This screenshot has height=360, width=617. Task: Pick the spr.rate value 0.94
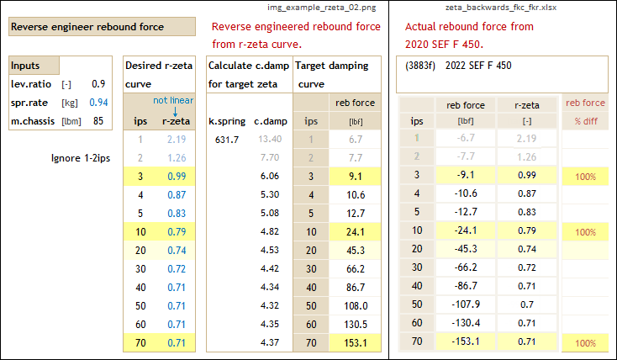click(98, 103)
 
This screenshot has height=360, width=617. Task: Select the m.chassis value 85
click(98, 121)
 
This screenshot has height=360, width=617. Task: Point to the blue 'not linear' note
click(175, 100)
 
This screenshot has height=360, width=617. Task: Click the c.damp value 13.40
click(270, 139)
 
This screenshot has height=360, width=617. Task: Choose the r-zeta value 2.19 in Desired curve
click(176, 139)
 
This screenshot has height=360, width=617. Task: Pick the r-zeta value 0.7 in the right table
click(528, 305)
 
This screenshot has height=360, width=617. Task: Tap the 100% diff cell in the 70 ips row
click(585, 342)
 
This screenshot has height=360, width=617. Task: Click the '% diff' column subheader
click(585, 121)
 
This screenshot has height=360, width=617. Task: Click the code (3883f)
click(420, 66)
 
